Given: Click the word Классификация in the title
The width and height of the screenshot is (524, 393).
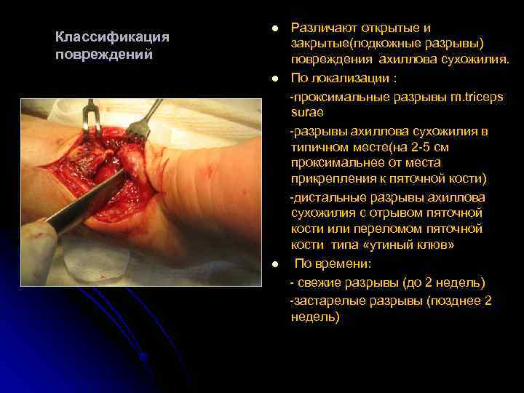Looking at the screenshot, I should coord(112,37).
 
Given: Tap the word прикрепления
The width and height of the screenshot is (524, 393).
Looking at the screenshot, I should coord(332,178).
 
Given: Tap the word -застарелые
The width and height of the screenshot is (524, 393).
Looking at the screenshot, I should coord(327,300).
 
